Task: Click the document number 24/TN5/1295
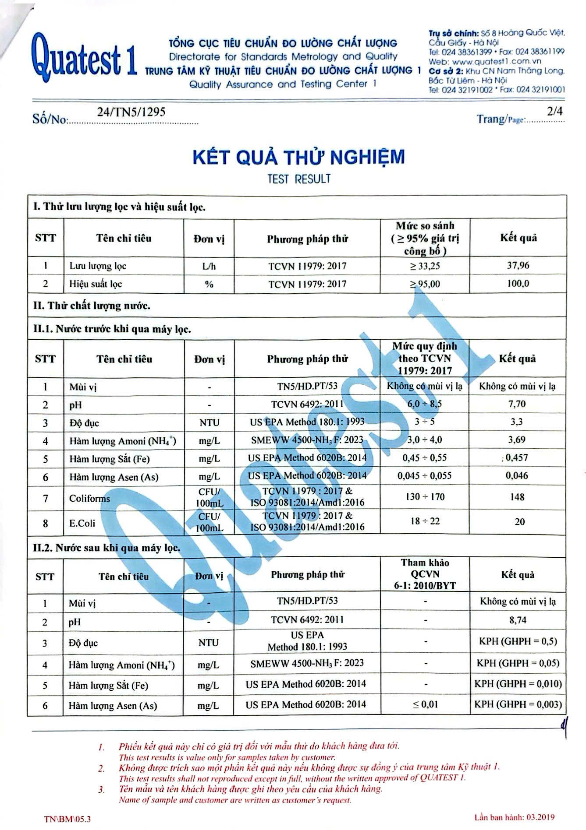(x=131, y=112)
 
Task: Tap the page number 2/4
(x=554, y=111)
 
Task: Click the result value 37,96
(x=518, y=265)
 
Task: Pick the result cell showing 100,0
(x=518, y=283)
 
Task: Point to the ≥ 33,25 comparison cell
(x=425, y=266)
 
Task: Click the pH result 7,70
(x=517, y=404)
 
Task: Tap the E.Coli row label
(x=82, y=523)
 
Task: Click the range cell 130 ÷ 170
(x=425, y=497)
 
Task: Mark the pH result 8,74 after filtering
(x=517, y=620)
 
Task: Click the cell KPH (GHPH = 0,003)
(x=518, y=704)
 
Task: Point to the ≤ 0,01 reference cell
(x=425, y=704)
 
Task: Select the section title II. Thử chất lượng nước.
(x=92, y=305)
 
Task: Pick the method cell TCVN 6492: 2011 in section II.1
(x=307, y=404)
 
